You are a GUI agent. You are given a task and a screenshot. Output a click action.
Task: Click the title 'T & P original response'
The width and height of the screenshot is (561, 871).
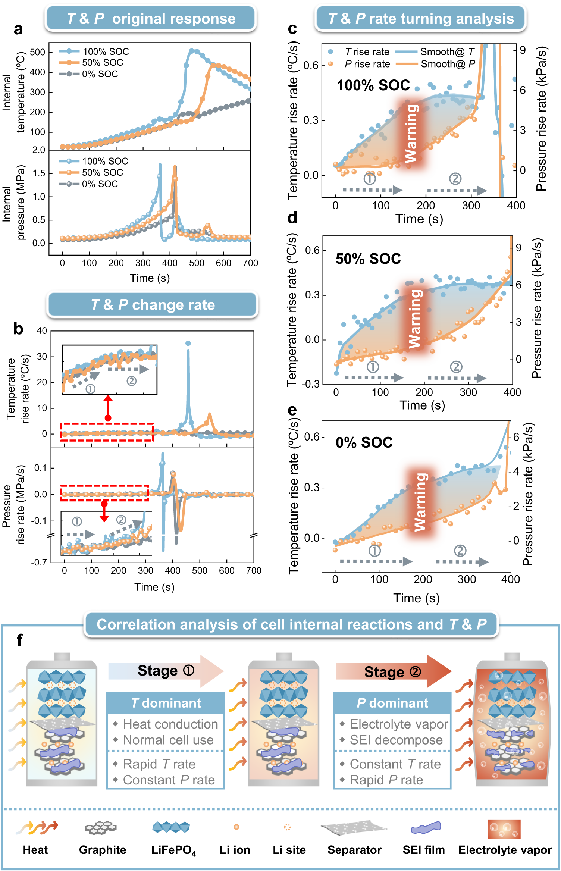[151, 18]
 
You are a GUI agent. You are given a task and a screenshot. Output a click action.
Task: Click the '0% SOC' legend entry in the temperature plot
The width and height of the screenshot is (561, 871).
[100, 74]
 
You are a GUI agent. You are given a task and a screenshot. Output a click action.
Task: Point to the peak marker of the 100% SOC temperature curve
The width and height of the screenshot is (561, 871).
[191, 51]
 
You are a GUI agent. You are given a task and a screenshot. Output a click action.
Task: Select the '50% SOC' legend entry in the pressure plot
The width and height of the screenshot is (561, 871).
[102, 172]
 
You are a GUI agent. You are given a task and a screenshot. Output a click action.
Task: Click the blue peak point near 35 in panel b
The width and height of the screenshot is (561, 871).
[188, 343]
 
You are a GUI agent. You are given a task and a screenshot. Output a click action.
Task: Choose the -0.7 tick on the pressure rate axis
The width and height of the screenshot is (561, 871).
[39, 562]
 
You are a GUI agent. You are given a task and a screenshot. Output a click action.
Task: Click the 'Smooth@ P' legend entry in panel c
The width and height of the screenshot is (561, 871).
[448, 64]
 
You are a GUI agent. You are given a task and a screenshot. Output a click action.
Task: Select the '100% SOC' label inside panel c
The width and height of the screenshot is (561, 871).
[373, 85]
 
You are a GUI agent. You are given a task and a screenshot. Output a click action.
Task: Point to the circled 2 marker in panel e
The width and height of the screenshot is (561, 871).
[460, 551]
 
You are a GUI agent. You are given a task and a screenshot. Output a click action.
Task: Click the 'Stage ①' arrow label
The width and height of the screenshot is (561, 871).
[166, 670]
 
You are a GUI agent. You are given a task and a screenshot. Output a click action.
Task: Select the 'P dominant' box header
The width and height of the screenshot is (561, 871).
[392, 703]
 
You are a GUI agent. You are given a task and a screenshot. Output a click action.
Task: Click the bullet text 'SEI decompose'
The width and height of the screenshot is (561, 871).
[396, 740]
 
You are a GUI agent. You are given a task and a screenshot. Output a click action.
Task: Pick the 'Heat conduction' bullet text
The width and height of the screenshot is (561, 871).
[170, 724]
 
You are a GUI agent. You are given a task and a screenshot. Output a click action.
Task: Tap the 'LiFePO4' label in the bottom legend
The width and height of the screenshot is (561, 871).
[173, 850]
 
